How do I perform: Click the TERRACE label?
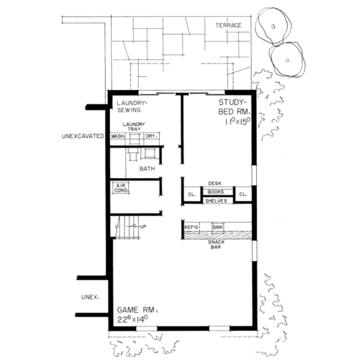click(x=228, y=25)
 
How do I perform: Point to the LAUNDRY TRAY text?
click(x=134, y=127)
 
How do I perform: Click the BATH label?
click(x=147, y=169)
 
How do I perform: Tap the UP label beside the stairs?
click(x=143, y=226)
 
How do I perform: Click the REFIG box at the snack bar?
click(x=192, y=227)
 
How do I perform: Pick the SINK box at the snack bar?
click(x=217, y=227)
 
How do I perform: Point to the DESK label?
click(x=214, y=184)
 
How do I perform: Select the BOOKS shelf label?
click(x=216, y=192)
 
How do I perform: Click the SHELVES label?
click(x=216, y=201)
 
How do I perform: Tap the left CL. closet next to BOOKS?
click(x=191, y=194)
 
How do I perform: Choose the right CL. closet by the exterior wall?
click(x=243, y=194)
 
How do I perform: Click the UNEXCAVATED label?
click(x=83, y=136)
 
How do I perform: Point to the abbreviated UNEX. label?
click(x=90, y=297)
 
